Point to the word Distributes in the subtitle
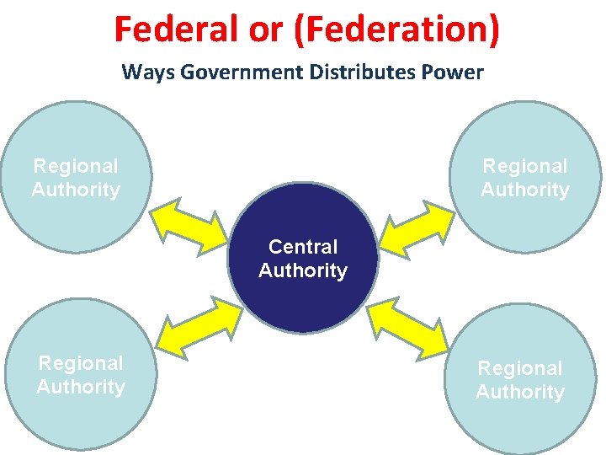tap(358, 72)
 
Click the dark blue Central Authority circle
tap(303, 295)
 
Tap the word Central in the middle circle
tap(303, 247)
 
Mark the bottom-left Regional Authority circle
tap(80, 413)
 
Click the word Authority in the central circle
tap(303, 270)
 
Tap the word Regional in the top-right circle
tap(525, 166)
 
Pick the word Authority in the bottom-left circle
tap(81, 387)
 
